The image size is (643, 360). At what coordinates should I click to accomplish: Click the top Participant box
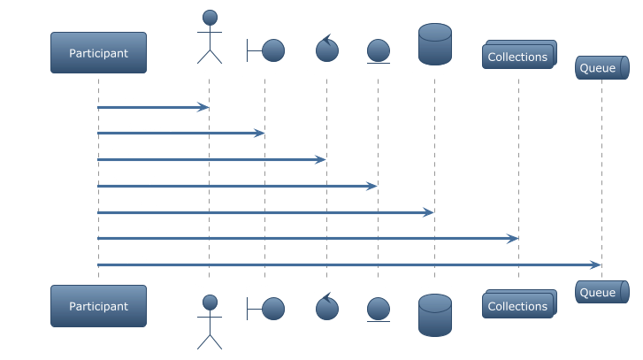(98, 53)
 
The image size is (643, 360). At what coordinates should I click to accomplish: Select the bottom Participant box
(98, 306)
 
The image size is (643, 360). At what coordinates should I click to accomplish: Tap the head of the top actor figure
(210, 18)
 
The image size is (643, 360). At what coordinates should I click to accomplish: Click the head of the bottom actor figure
(210, 303)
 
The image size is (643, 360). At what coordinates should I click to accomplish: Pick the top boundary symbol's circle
(273, 50)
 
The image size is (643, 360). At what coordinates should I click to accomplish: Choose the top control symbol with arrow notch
(327, 49)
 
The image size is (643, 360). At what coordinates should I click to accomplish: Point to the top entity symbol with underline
(379, 51)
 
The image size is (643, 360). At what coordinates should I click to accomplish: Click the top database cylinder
(435, 44)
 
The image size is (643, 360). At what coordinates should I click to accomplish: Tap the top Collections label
(517, 57)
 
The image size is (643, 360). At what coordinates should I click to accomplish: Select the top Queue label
(598, 68)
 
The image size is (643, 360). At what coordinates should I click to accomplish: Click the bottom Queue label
(598, 293)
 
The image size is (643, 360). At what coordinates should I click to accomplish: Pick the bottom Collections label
(517, 306)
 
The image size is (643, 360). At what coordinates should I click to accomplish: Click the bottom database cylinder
(435, 315)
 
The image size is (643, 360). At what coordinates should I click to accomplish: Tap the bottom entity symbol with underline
(379, 310)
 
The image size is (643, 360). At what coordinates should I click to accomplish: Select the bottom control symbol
(327, 307)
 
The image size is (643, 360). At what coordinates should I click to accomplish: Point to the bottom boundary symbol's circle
(273, 309)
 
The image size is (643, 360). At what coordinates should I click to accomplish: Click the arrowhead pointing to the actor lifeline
(203, 107)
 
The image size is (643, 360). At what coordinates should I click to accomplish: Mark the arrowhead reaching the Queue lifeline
(596, 264)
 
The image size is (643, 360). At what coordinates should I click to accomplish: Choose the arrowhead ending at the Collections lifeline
(513, 238)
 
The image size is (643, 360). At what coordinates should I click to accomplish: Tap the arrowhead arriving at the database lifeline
(429, 212)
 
